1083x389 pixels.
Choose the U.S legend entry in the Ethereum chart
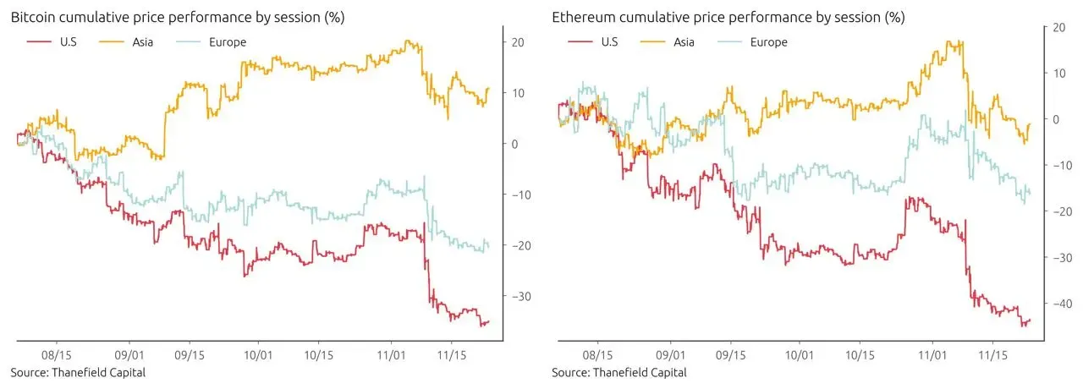tap(603, 41)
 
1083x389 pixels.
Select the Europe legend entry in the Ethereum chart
tap(768, 41)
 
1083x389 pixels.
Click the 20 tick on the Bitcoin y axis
tap(518, 42)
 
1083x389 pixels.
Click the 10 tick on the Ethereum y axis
tap(1058, 74)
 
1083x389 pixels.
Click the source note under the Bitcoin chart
tap(78, 373)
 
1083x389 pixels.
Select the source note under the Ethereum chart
tap(619, 373)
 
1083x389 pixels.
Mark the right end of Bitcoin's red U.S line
tap(488, 321)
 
